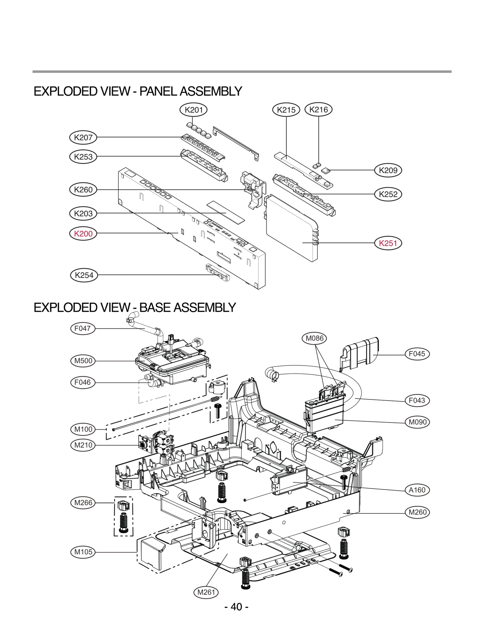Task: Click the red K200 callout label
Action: coord(83,234)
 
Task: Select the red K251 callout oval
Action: coord(388,243)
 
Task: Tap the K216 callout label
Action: coord(318,110)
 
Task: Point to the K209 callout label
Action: coord(388,170)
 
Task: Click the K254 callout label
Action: coord(84,275)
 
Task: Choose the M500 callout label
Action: coord(83,361)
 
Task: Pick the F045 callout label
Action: coord(417,354)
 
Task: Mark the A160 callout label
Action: coord(417,490)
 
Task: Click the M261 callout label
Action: coord(206,592)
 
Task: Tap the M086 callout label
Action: coord(314,338)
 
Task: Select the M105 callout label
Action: coord(83,552)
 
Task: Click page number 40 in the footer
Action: coord(236,607)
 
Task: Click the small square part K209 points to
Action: coord(326,171)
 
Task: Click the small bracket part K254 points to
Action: coord(218,272)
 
